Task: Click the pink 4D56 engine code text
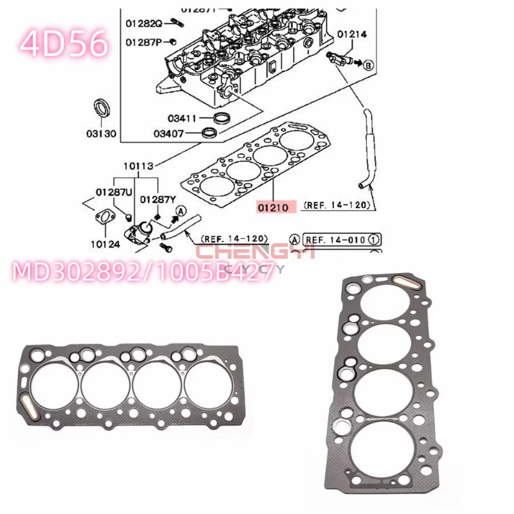[x=62, y=44]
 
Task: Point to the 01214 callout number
[x=352, y=33]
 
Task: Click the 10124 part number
[x=105, y=244]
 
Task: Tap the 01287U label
[x=114, y=192]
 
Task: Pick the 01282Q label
[x=144, y=24]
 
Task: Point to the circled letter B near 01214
[x=369, y=66]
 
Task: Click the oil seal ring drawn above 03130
[x=102, y=109]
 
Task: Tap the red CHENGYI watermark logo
[x=255, y=253]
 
